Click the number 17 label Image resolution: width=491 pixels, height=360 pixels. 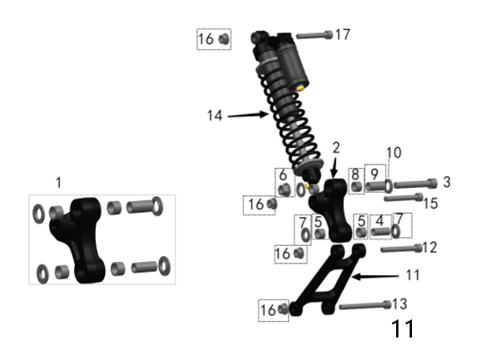pyautogui.click(x=342, y=35)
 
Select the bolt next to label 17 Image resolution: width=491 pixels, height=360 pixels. pyautogui.click(x=314, y=35)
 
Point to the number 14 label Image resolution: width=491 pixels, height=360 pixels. pyautogui.click(x=216, y=116)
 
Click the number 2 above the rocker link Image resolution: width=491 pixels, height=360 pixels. pyautogui.click(x=335, y=147)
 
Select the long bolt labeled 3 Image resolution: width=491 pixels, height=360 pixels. pyautogui.click(x=414, y=184)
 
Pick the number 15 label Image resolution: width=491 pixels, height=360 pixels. pyautogui.click(x=429, y=202)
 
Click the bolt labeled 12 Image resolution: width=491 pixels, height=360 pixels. pyautogui.click(x=401, y=248)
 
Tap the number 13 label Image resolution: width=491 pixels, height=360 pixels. pyautogui.click(x=400, y=304)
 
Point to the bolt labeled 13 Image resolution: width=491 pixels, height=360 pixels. pyautogui.click(x=364, y=306)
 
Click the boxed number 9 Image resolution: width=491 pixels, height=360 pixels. pyautogui.click(x=374, y=174)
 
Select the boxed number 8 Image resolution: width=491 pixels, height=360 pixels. pyautogui.click(x=355, y=174)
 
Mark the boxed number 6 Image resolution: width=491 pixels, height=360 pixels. pyautogui.click(x=283, y=175)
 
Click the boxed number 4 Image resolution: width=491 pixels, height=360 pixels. pyautogui.click(x=379, y=220)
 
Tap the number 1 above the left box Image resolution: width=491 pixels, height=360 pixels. pyautogui.click(x=58, y=181)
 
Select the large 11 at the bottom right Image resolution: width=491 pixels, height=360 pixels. pyautogui.click(x=402, y=329)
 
